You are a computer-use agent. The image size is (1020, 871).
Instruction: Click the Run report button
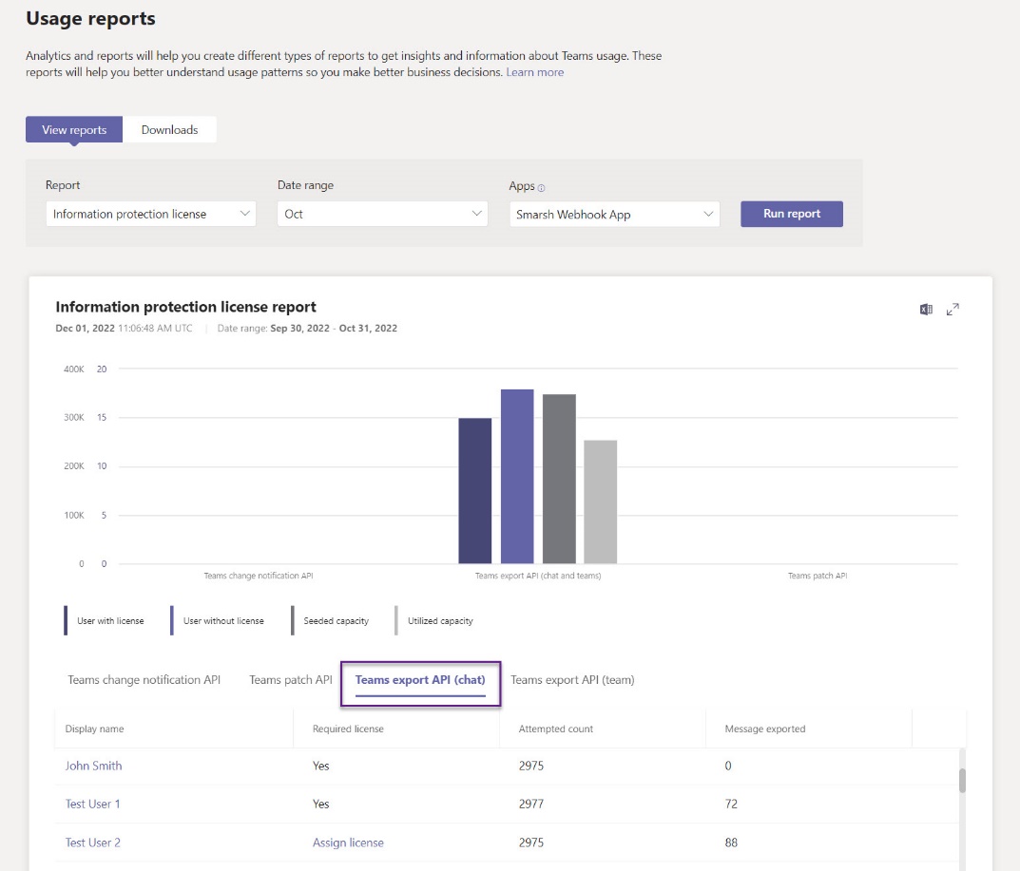[791, 214]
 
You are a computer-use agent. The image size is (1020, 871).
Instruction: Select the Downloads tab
[169, 130]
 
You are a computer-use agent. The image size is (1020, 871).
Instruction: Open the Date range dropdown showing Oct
[382, 214]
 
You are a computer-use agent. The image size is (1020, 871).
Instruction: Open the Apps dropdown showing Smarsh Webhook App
[614, 215]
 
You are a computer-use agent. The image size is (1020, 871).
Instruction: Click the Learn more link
[534, 72]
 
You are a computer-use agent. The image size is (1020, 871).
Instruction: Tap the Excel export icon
[926, 309]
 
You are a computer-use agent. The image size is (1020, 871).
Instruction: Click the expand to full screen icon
[953, 309]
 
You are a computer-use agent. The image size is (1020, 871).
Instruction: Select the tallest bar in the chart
[517, 476]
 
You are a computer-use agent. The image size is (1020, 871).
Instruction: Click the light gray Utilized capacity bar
[600, 502]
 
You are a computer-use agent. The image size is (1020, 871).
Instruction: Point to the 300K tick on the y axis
[74, 417]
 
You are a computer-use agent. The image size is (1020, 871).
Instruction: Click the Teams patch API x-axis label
[817, 576]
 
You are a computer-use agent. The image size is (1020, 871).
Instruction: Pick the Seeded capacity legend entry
[336, 621]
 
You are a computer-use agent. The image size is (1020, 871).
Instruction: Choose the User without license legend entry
[223, 621]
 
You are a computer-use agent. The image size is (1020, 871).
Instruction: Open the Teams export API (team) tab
[572, 680]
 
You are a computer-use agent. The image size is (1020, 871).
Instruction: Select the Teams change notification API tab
[144, 680]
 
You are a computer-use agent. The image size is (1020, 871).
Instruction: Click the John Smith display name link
[93, 766]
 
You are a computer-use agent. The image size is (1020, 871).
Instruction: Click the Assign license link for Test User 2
[348, 843]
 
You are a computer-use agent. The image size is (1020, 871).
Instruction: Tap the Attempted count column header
[555, 729]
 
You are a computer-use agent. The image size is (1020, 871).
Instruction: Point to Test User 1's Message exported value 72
[731, 804]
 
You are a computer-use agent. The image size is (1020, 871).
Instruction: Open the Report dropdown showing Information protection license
[150, 214]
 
